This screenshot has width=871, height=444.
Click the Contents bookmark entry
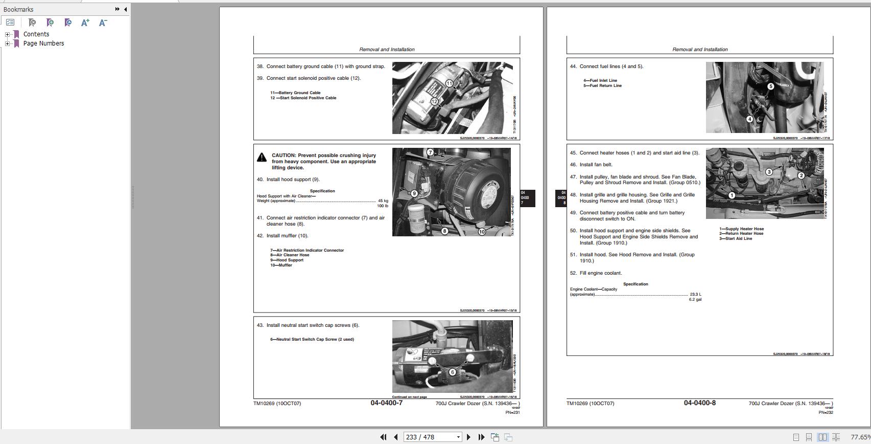point(36,34)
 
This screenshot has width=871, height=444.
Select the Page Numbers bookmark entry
point(43,43)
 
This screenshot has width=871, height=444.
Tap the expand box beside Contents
point(7,34)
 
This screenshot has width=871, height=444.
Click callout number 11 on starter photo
point(449,83)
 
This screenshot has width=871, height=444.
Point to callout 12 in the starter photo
point(434,101)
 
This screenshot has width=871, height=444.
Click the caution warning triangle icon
point(262,157)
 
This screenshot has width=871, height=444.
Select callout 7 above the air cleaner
point(430,152)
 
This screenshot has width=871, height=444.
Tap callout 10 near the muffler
point(482,232)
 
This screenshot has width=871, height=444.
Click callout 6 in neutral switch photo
point(452,372)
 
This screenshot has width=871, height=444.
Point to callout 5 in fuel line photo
point(770,86)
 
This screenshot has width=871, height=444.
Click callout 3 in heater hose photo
point(769,172)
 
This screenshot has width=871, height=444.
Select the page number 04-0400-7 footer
point(386,403)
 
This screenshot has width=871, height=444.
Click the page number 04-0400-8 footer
point(699,403)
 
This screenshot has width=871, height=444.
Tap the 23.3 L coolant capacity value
point(695,294)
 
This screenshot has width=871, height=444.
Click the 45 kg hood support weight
point(383,201)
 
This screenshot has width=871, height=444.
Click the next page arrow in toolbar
point(468,437)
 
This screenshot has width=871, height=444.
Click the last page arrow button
point(481,437)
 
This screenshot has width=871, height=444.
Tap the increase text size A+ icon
point(85,23)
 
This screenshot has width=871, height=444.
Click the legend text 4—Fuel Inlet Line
point(600,80)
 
